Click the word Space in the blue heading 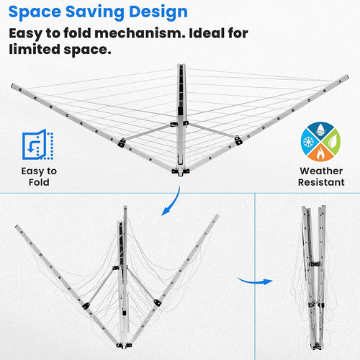click(x=35, y=12)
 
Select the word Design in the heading click(x=158, y=12)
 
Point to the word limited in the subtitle click(x=35, y=49)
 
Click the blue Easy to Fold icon click(x=37, y=145)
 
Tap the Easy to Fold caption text click(x=39, y=176)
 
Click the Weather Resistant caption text click(x=321, y=176)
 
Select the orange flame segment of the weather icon click(x=320, y=153)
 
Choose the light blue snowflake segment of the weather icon click(x=308, y=142)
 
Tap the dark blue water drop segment click(x=320, y=130)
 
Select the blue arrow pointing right click(x=255, y=282)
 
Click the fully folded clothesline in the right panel click(x=313, y=277)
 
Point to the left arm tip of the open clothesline click(x=12, y=86)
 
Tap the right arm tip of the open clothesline click(x=347, y=77)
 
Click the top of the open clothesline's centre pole click(x=181, y=66)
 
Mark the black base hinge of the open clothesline click(x=181, y=171)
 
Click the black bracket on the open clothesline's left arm click(x=122, y=143)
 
